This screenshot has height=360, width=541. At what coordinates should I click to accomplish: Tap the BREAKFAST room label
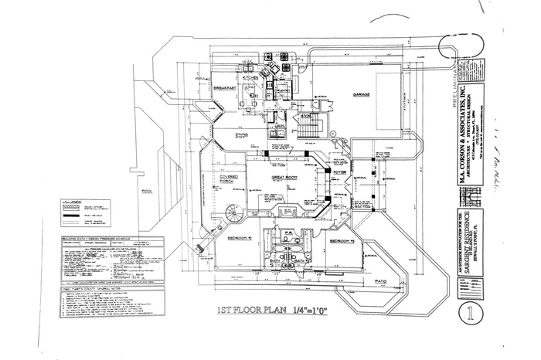pyautogui.click(x=224, y=88)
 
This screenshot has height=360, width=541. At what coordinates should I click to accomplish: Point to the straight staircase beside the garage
pyautogui.click(x=305, y=125)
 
